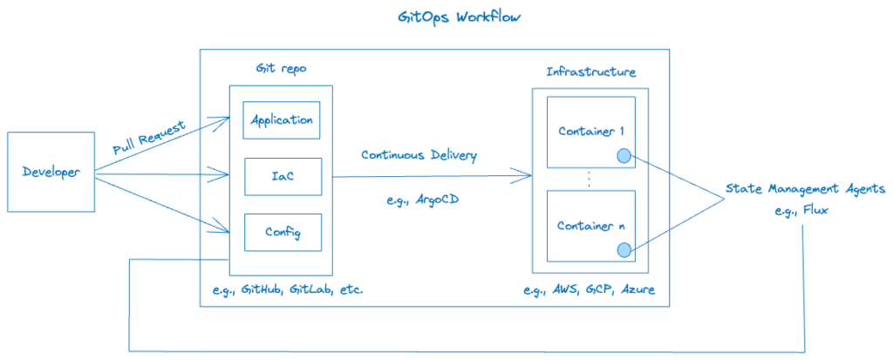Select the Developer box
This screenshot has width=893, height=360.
tap(51, 172)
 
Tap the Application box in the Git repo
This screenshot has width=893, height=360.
tap(281, 119)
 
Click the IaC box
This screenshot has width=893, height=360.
tap(281, 176)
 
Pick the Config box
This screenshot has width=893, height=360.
tap(281, 233)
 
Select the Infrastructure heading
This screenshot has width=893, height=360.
tap(590, 71)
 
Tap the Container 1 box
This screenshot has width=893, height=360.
tap(590, 132)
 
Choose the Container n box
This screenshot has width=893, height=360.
tap(590, 226)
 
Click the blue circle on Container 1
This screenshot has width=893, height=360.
tap(624, 157)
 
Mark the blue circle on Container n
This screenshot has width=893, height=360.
tap(624, 251)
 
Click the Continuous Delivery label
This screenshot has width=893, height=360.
tap(419, 155)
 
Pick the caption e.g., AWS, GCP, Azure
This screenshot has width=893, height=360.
tap(590, 289)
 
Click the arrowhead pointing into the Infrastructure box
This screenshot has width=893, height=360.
tap(528, 177)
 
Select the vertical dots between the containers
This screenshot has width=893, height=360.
tap(590, 179)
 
